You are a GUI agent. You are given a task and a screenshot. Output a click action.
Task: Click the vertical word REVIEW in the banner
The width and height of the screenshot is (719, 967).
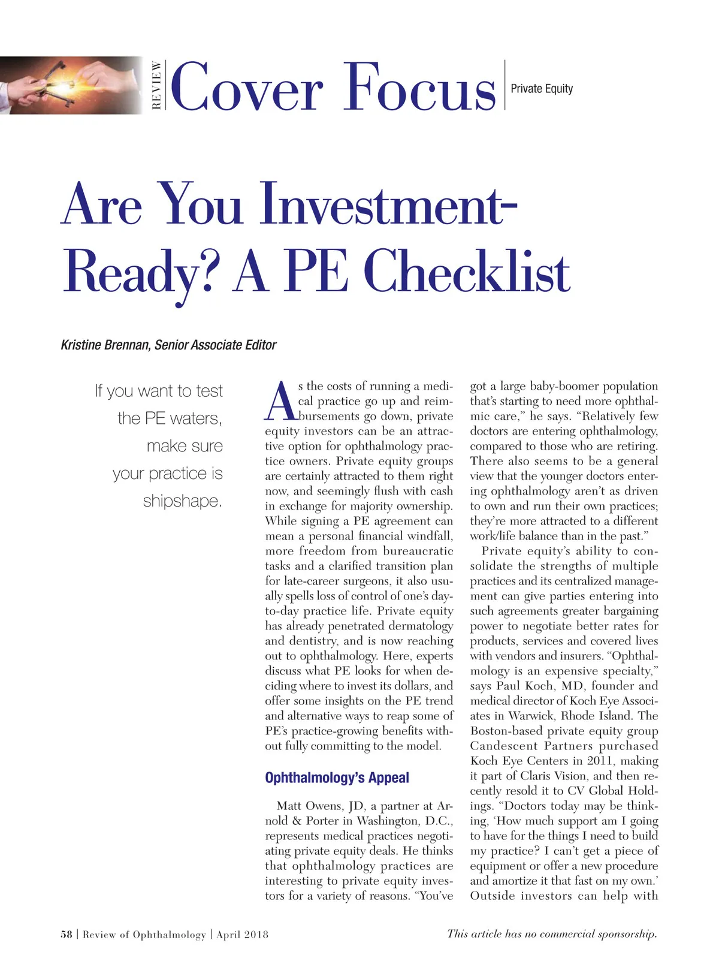pos(156,85)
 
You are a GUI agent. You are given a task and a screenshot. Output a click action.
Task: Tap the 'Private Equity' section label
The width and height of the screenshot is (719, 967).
pos(542,89)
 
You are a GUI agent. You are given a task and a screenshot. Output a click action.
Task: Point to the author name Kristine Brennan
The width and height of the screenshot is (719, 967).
pos(105,345)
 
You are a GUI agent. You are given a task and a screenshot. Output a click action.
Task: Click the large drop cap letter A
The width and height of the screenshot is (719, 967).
pos(280,401)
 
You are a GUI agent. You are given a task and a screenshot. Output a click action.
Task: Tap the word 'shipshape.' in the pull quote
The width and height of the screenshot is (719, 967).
pos(182,501)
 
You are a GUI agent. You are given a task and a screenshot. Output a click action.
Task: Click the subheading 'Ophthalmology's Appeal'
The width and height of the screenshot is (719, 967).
pos(337,778)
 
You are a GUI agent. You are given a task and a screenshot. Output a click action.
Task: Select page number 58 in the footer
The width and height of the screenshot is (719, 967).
pos(66,934)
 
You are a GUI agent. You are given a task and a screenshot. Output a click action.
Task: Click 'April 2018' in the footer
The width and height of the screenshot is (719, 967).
pos(242,934)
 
